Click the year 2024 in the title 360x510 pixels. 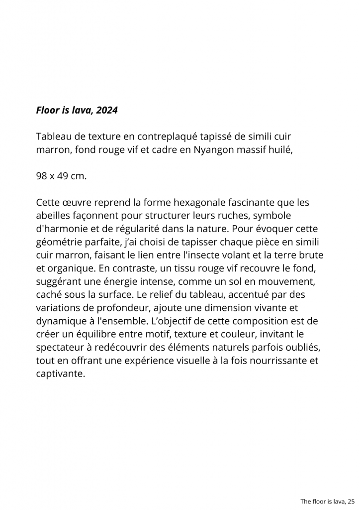pos(107,110)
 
